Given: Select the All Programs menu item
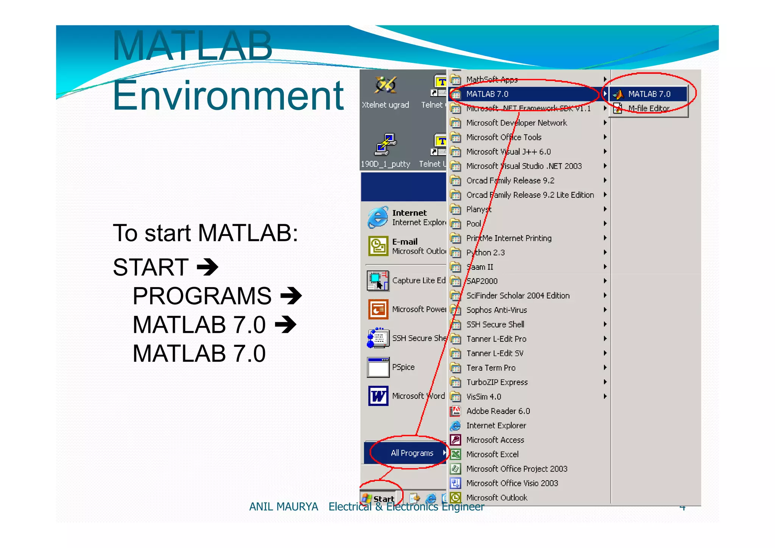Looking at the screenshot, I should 412,453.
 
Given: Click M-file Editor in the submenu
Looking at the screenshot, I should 649,108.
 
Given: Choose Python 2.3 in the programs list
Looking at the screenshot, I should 485,253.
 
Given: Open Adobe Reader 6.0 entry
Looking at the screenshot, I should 498,411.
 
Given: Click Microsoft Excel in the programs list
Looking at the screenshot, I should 492,454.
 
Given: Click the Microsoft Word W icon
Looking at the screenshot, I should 378,396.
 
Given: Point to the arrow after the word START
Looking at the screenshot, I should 208,267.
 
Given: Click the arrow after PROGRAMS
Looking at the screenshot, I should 291,296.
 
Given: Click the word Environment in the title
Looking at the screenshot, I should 228,95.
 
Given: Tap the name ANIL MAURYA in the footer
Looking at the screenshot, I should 283,506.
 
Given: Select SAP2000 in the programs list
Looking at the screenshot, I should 482,281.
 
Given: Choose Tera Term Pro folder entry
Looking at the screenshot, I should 490,368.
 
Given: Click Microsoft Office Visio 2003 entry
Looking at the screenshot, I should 512,483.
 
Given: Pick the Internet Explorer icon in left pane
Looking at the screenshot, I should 378,217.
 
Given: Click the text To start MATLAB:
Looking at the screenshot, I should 205,233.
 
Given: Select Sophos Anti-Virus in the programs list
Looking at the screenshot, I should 496,310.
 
